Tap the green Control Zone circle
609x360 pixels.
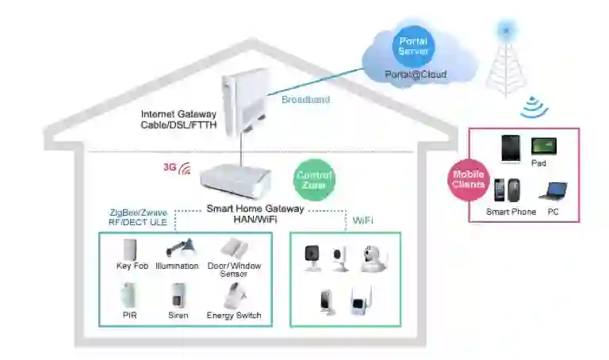[x=314, y=181]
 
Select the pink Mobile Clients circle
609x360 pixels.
[x=468, y=179]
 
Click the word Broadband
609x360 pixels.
[x=305, y=100]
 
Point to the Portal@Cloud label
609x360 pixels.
[x=416, y=75]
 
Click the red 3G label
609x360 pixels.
[x=168, y=167]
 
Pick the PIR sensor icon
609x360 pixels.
[x=130, y=296]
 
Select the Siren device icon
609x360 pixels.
[x=178, y=296]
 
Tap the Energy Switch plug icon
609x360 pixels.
[x=233, y=295]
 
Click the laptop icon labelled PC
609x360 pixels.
[x=553, y=191]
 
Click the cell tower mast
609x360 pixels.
[x=505, y=63]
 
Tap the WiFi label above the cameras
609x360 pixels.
[x=363, y=218]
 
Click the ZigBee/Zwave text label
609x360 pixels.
[x=138, y=213]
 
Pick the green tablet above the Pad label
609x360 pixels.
[x=544, y=146]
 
